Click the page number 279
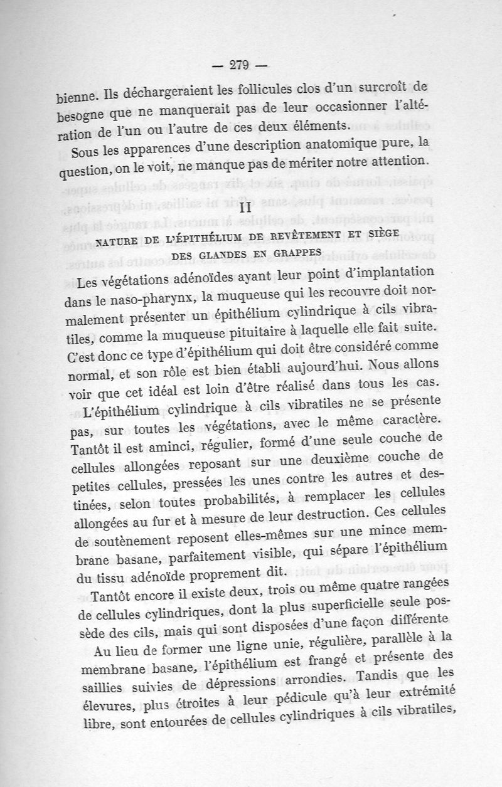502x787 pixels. click(x=240, y=64)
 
